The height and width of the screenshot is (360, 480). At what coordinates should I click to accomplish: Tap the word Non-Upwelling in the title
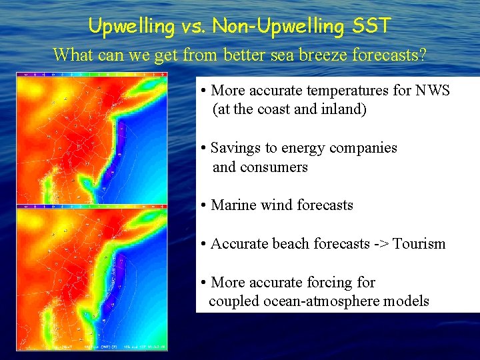(276, 27)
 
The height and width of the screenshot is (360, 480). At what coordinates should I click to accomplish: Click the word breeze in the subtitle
(289, 55)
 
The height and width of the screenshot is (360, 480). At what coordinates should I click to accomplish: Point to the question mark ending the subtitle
(421, 55)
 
